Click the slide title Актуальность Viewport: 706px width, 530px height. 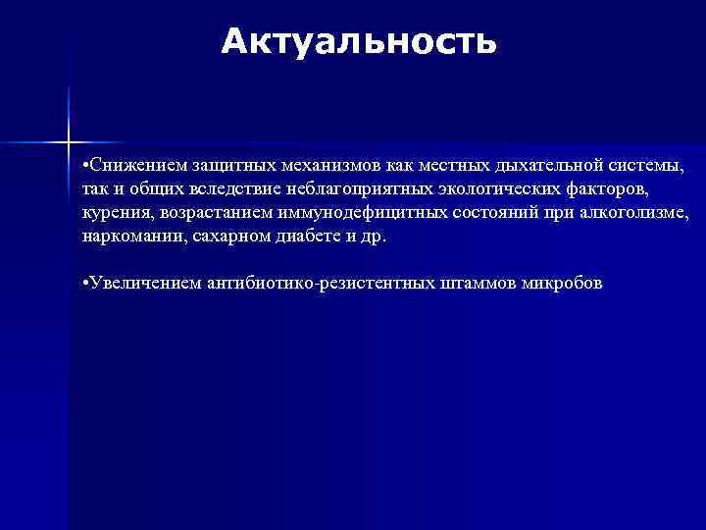coord(359,42)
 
